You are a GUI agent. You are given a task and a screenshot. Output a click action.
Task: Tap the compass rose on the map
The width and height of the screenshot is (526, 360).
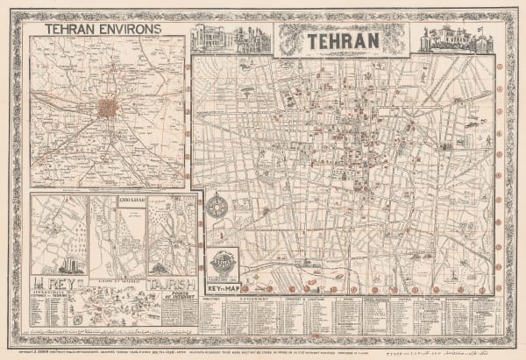pos(218,209)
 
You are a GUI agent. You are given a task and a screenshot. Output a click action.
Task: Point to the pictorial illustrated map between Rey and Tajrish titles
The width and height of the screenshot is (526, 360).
pos(114,309)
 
